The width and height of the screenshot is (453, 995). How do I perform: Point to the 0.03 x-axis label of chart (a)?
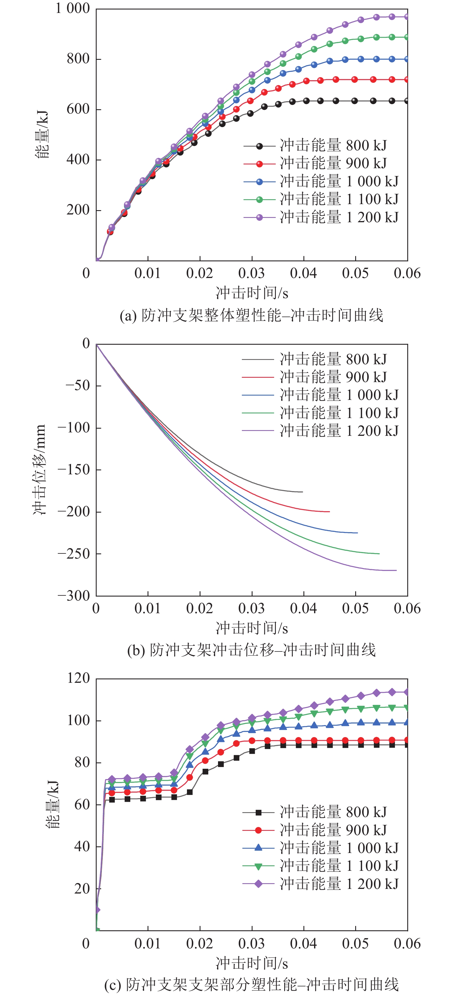251,273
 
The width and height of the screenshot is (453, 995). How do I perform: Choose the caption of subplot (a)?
251,316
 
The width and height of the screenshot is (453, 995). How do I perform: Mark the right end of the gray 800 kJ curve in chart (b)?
303,492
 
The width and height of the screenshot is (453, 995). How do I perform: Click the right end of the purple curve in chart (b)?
396,570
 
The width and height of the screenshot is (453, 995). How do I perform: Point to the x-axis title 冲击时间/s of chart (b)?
252,628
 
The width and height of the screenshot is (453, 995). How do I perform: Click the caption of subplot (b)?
251,650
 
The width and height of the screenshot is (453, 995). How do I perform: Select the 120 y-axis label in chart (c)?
79,678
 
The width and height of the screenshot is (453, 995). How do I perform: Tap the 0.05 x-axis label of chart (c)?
355,943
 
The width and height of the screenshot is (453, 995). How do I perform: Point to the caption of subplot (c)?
251,985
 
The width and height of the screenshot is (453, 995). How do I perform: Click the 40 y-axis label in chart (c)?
82,846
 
